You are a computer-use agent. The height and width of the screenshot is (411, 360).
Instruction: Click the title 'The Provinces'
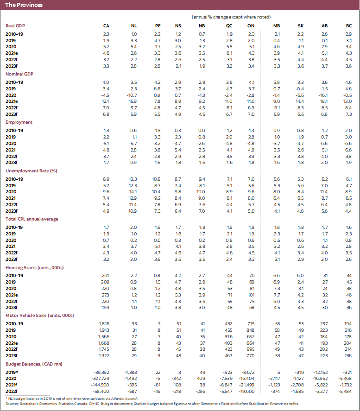point(24,5)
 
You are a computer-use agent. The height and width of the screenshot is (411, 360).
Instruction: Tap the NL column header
point(134,25)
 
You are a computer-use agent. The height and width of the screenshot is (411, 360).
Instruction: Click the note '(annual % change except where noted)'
point(231,17)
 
